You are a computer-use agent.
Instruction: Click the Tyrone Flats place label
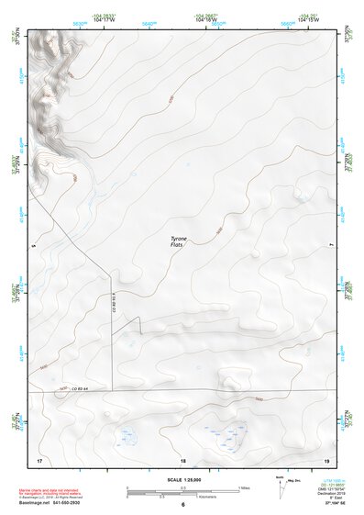point(179,243)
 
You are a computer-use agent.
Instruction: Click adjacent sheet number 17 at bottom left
point(39,459)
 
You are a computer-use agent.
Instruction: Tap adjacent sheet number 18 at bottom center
point(182,459)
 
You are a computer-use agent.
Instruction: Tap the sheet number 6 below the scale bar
point(182,504)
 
